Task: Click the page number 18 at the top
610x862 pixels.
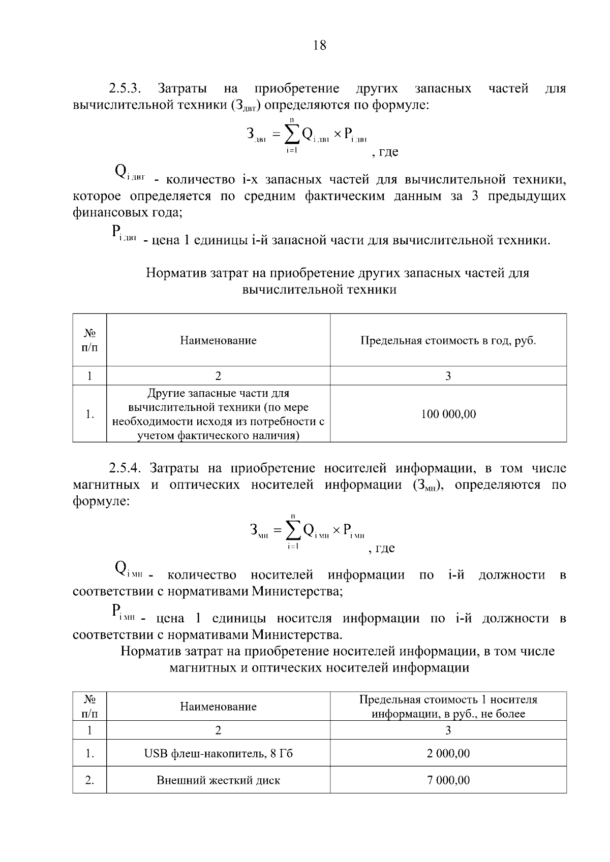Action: coord(320,45)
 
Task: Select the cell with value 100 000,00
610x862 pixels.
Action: coord(448,414)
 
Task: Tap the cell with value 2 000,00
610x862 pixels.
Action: coord(448,753)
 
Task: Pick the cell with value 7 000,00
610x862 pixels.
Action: coord(448,780)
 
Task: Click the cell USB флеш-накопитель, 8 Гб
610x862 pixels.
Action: coord(218,753)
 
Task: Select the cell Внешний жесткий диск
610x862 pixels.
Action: coord(218,780)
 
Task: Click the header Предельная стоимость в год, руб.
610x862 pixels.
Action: coord(448,340)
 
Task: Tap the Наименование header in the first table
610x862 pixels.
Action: coord(218,340)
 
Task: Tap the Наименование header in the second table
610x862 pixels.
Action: coord(218,707)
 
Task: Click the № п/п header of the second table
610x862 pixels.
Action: coord(89,707)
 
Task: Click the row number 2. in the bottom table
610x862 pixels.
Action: coord(89,780)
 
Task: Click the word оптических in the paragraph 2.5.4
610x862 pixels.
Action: coord(204,485)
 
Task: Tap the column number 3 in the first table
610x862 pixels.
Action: coord(448,376)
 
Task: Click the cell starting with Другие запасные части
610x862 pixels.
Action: coord(218,414)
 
